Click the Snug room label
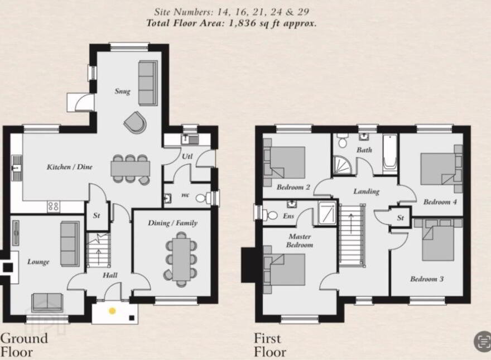coord(122,91)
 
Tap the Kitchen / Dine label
coord(70,167)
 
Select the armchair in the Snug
coord(135,121)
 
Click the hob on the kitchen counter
coord(54,207)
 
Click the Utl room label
coord(187,156)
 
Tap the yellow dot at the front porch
coord(112,311)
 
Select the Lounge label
coord(38,262)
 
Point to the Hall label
coord(110,275)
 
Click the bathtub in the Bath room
coord(390,154)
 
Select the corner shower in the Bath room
coord(342,165)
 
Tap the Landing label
coord(367,191)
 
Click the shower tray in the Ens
coord(327,213)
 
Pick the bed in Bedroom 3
coord(439,240)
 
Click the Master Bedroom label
coord(300,241)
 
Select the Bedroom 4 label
coord(440,202)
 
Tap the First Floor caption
coord(270,345)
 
